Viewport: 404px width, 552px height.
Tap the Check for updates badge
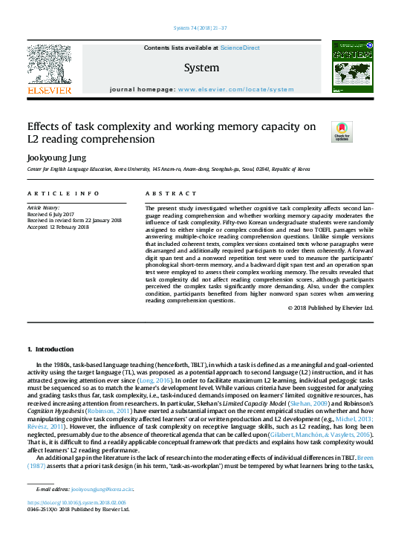pos(342,131)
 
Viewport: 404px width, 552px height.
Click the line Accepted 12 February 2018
pos(59,227)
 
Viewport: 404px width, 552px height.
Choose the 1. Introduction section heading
pos(50,348)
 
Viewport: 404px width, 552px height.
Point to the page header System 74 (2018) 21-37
pos(201,27)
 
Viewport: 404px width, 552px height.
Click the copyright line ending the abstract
pos(333,308)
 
